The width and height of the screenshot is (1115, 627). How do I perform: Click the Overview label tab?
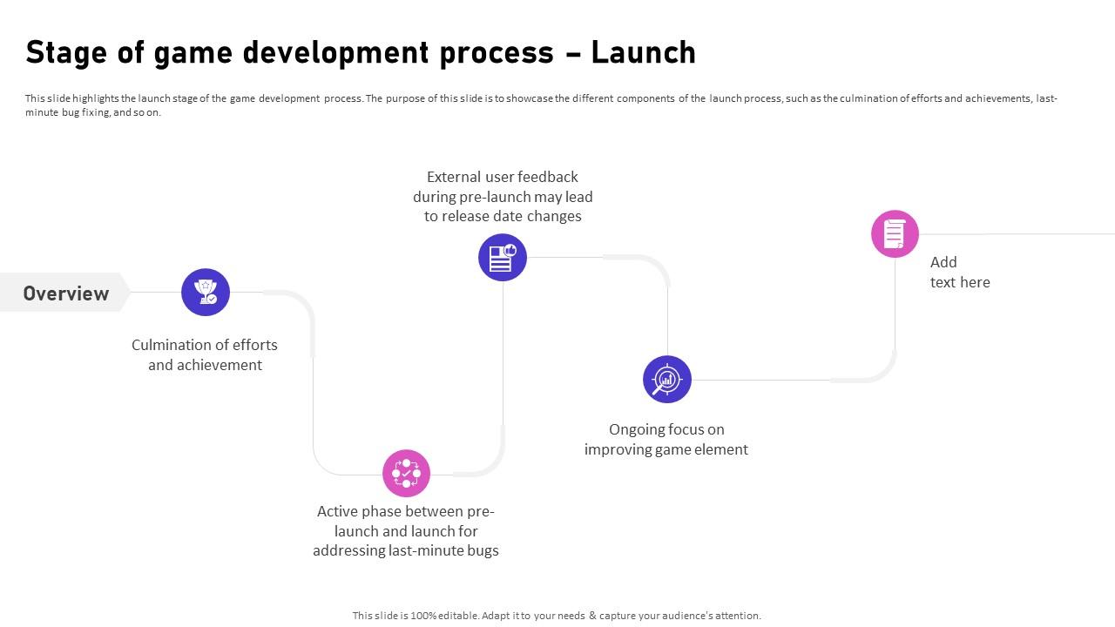pos(65,293)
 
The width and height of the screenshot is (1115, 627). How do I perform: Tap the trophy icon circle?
pos(206,292)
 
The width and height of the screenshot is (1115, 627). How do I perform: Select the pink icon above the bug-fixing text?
pos(406,473)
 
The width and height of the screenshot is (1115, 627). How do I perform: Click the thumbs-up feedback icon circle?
pos(503,257)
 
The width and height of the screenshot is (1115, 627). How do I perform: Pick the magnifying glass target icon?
pos(667,379)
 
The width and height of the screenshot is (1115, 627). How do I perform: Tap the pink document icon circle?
pos(895,233)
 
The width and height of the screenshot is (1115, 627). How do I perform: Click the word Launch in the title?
pos(644,53)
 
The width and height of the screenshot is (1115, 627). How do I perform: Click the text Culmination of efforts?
pos(205,345)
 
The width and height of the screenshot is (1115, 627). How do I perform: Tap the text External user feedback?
pos(503,177)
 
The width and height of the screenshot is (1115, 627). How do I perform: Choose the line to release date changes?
pos(503,216)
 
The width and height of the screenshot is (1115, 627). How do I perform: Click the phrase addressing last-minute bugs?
pos(406,550)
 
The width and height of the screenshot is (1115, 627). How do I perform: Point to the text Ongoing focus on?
pos(666,429)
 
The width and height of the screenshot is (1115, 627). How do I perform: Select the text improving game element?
pos(666,449)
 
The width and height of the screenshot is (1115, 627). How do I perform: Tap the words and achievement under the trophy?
pos(205,365)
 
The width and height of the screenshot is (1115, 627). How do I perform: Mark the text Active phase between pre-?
pos(406,511)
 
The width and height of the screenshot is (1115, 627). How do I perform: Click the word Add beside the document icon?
pos(943,262)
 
